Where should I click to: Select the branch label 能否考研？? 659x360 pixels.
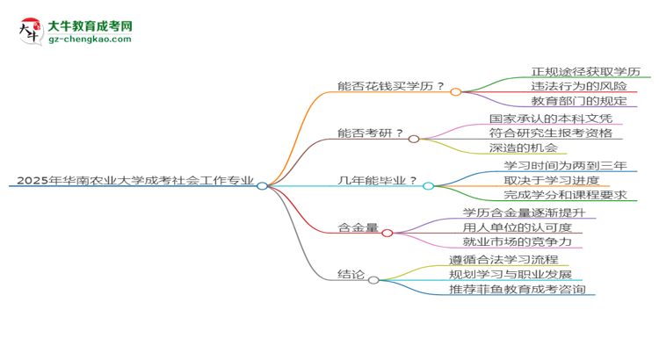pos(371,133)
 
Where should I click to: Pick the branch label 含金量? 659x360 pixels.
pos(358,227)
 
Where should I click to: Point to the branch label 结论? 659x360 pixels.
pos(351,274)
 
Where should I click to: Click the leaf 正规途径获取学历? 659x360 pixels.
pos(585,71)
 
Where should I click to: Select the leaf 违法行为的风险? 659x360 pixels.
pos(579,86)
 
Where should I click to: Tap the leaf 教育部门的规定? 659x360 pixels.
pos(579,102)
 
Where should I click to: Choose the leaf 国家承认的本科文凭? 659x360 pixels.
pos(550,118)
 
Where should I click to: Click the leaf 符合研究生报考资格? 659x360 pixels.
pos(550,133)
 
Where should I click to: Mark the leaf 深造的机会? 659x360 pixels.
pos(525,148)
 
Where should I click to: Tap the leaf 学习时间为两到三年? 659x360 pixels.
pos(565,165)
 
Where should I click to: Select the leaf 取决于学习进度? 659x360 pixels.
pos(552,180)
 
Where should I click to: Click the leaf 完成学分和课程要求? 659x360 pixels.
pos(565,195)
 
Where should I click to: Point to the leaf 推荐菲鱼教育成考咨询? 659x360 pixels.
pos(517,290)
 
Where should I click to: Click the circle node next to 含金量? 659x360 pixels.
pos(387,233)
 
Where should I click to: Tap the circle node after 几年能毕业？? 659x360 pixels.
pos(428,185)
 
